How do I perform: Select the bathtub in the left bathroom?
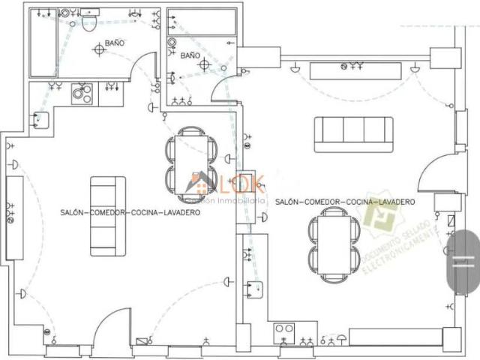coord(43,45)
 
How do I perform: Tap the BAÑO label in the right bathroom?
coord(190,55)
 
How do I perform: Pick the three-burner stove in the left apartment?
coord(81,94)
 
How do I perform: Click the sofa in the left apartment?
coord(108,216)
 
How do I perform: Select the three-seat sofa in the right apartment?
coord(353,134)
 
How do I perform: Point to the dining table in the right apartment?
coord(332,244)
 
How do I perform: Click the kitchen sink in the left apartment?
coord(40,119)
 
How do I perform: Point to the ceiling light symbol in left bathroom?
coord(98,49)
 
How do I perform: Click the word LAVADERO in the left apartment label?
coord(180,213)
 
